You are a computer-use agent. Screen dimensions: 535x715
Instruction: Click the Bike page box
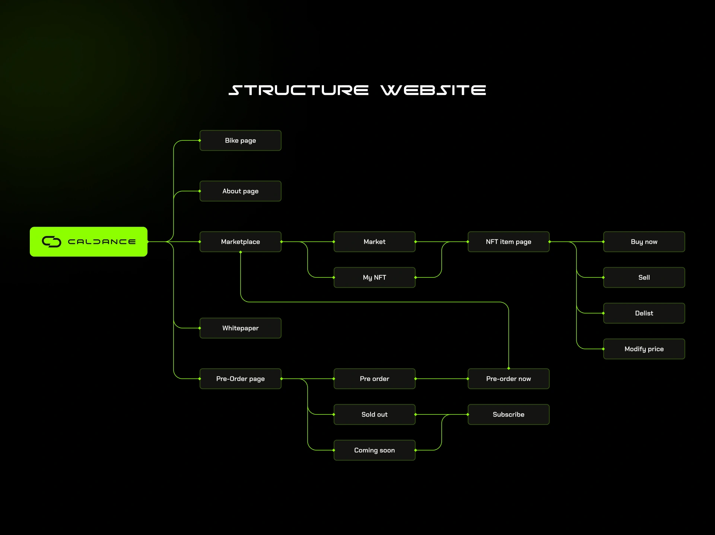(x=240, y=140)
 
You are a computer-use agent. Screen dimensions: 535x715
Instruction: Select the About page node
(x=240, y=191)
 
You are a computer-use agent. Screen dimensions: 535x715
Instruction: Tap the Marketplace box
(x=240, y=242)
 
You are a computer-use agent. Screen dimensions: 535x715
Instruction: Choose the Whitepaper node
(x=240, y=328)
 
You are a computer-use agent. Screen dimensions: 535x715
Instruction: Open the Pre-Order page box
(x=240, y=379)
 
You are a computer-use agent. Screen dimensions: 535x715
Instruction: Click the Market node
(x=374, y=242)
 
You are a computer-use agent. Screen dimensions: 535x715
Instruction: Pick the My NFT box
(x=374, y=277)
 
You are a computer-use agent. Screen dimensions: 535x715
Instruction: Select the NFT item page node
(x=508, y=242)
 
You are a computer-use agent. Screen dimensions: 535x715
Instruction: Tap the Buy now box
(x=644, y=242)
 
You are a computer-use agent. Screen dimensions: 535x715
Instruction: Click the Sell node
(x=644, y=277)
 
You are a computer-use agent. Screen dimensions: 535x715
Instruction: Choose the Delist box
(x=644, y=313)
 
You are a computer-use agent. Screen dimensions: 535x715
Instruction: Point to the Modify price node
(x=644, y=349)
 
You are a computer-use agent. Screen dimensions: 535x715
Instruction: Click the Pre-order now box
(x=508, y=379)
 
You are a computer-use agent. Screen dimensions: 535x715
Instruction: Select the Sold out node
(x=374, y=414)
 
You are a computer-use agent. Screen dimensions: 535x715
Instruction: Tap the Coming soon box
(x=374, y=450)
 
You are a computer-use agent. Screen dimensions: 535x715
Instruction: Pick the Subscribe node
(x=508, y=414)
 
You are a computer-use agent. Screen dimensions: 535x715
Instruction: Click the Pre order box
(x=374, y=379)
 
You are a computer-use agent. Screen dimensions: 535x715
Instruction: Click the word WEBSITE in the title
(x=433, y=90)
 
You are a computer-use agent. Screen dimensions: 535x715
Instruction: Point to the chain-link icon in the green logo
(x=51, y=242)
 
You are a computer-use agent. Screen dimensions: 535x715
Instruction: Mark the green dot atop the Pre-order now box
(x=509, y=368)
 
